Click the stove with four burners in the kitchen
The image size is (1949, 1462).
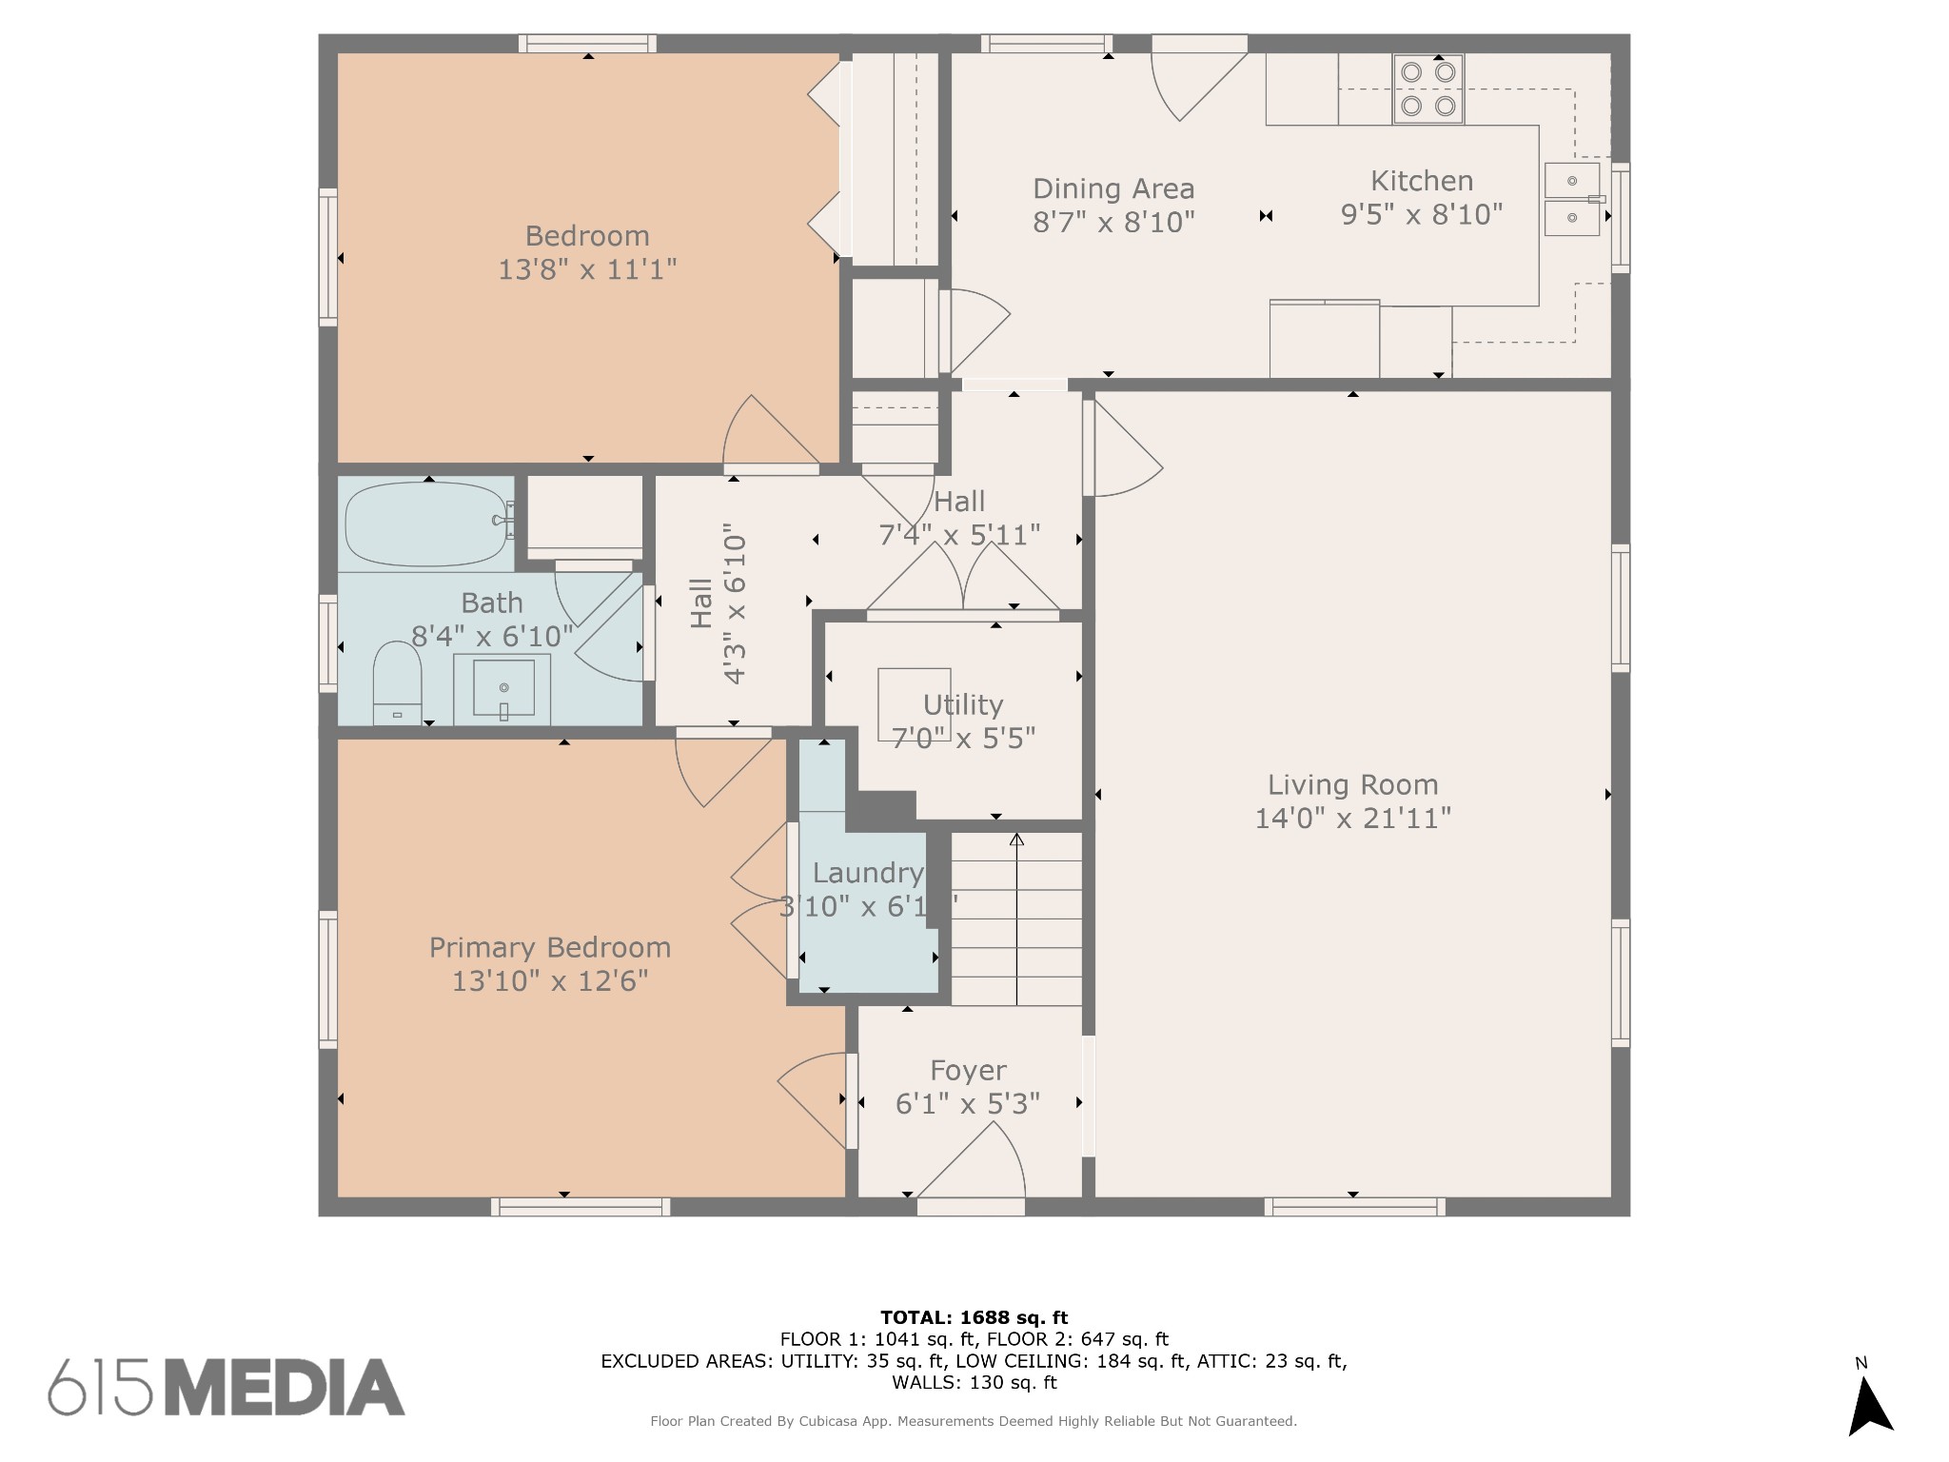click(1427, 89)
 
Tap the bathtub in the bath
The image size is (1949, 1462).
click(429, 524)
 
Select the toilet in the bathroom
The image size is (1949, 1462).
click(397, 682)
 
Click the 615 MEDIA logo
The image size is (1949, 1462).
click(226, 1387)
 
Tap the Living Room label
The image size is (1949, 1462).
click(1352, 785)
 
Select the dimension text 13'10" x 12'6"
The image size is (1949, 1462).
click(550, 980)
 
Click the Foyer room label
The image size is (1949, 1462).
click(968, 1071)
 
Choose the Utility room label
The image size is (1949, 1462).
click(963, 705)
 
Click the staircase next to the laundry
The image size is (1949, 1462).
click(1016, 919)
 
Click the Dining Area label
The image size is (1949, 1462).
click(1113, 188)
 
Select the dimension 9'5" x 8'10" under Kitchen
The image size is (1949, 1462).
click(1422, 215)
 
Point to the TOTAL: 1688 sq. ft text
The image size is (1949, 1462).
click(974, 1317)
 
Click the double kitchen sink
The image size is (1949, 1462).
click(1572, 199)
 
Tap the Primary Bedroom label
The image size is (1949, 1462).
click(550, 948)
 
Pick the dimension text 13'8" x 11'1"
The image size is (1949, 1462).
click(587, 269)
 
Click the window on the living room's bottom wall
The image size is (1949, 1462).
click(1355, 1207)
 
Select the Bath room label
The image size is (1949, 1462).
click(492, 603)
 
